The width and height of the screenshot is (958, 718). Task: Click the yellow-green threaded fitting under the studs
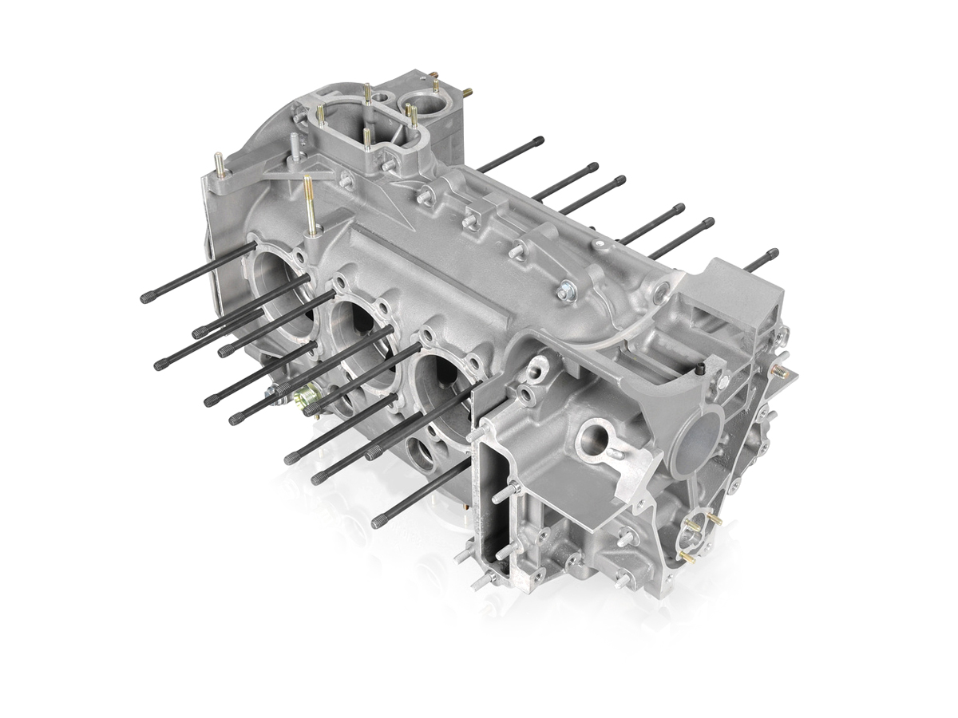[306, 396]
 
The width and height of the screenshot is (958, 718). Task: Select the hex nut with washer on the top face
[566, 294]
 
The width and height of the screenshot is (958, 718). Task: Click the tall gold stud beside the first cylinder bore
[310, 203]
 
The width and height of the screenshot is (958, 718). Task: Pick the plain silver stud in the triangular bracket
[295, 147]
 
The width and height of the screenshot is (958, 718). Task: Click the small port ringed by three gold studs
[694, 536]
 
